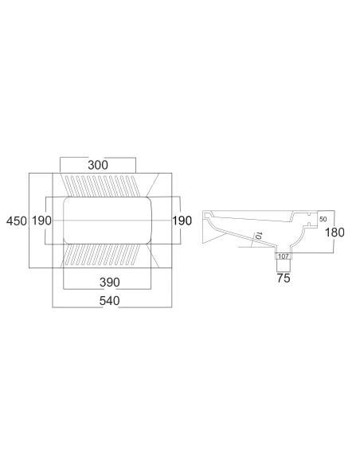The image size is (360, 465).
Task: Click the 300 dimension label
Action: tap(98, 165)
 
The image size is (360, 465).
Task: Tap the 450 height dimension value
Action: tap(17, 221)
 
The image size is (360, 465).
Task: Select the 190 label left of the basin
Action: tap(41, 221)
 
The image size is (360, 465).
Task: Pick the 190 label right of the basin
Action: tap(182, 221)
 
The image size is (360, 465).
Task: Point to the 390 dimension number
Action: tap(110, 283)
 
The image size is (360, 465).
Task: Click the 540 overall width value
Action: tap(109, 301)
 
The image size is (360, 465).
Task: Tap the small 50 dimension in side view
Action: tap(323, 219)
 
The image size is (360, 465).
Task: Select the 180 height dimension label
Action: tap(335, 232)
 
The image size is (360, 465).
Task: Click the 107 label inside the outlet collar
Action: tap(284, 256)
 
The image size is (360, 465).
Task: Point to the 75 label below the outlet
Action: tap(284, 278)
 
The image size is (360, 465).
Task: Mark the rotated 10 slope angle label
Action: tap(258, 236)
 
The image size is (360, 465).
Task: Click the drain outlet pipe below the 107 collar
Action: tap(284, 265)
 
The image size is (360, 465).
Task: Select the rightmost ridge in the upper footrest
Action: tap(135, 186)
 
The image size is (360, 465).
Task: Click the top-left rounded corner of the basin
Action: tap(67, 200)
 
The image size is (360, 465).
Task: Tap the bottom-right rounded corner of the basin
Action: tap(148, 240)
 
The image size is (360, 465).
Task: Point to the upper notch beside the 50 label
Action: tap(310, 213)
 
